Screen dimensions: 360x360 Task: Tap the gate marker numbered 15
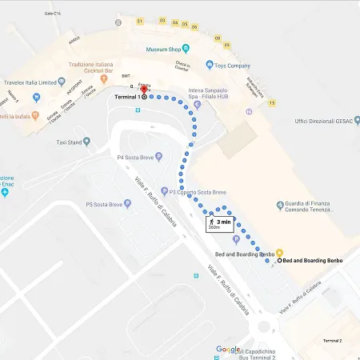tap(272, 102)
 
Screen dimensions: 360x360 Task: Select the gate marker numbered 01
tap(140, 20)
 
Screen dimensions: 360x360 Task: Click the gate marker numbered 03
tap(162, 21)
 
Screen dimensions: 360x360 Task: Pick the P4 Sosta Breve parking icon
tap(158, 156)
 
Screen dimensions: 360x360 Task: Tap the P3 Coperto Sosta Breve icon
tap(162, 191)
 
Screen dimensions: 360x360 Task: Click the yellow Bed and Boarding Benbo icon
tap(269, 253)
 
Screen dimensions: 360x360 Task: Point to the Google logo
tap(228, 350)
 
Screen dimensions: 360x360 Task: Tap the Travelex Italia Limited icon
tap(36, 97)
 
